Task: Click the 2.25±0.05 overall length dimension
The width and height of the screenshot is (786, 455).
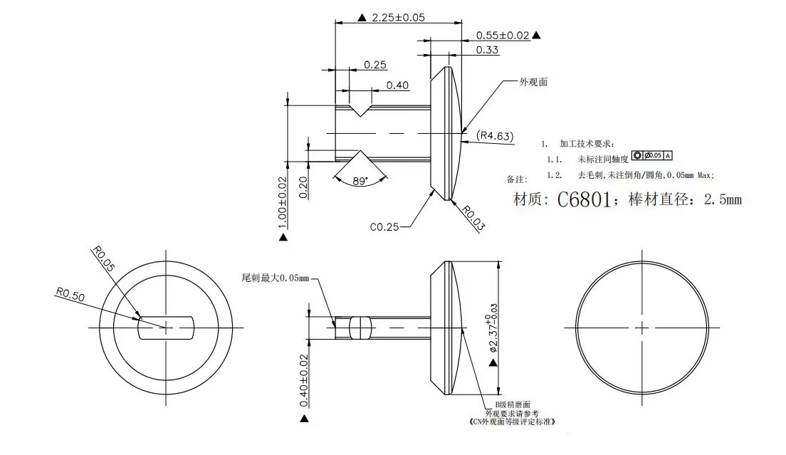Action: click(398, 17)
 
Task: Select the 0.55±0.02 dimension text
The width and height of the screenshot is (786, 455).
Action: click(503, 35)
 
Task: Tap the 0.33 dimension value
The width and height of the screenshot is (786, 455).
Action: click(487, 50)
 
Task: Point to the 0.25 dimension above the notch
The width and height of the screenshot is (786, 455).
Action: click(375, 65)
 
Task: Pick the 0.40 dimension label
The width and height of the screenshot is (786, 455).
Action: click(398, 85)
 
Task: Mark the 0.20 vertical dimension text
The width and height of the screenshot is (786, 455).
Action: click(304, 187)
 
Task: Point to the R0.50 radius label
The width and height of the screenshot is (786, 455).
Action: click(70, 296)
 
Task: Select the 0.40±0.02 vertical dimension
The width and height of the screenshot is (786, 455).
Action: click(304, 381)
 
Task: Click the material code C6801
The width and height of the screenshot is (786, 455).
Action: click(582, 200)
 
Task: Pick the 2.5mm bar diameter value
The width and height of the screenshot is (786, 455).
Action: click(722, 200)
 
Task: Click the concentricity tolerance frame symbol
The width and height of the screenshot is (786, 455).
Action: click(652, 155)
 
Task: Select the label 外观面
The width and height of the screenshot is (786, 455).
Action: click(533, 83)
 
